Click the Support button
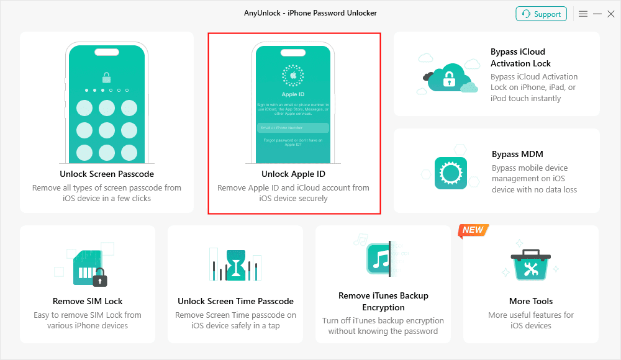click(x=541, y=14)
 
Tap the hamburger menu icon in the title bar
click(x=583, y=14)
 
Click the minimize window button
click(x=597, y=14)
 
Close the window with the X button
click(x=611, y=14)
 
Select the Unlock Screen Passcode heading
click(x=107, y=174)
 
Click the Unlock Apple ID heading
click(x=293, y=174)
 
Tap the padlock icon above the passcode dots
click(x=107, y=78)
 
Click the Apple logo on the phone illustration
click(x=293, y=76)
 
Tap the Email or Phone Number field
click(x=293, y=128)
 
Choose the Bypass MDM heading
click(x=517, y=154)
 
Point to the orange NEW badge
click(x=473, y=230)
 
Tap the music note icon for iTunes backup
click(x=378, y=259)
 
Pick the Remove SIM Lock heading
click(x=88, y=301)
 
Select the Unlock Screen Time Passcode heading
click(x=235, y=301)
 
